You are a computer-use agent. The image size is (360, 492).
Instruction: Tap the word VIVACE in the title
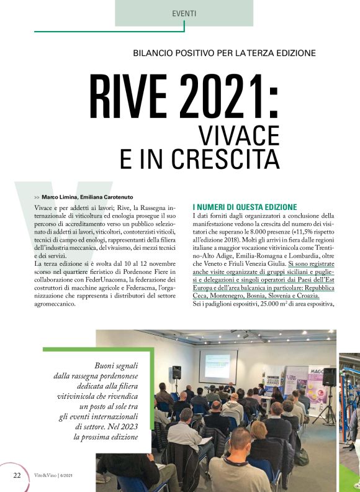click(x=238, y=133)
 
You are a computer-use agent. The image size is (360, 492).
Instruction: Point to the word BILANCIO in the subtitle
click(x=156, y=53)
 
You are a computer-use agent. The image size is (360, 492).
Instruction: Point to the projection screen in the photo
click(x=218, y=366)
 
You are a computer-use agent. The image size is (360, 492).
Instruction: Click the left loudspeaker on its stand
click(x=176, y=373)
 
